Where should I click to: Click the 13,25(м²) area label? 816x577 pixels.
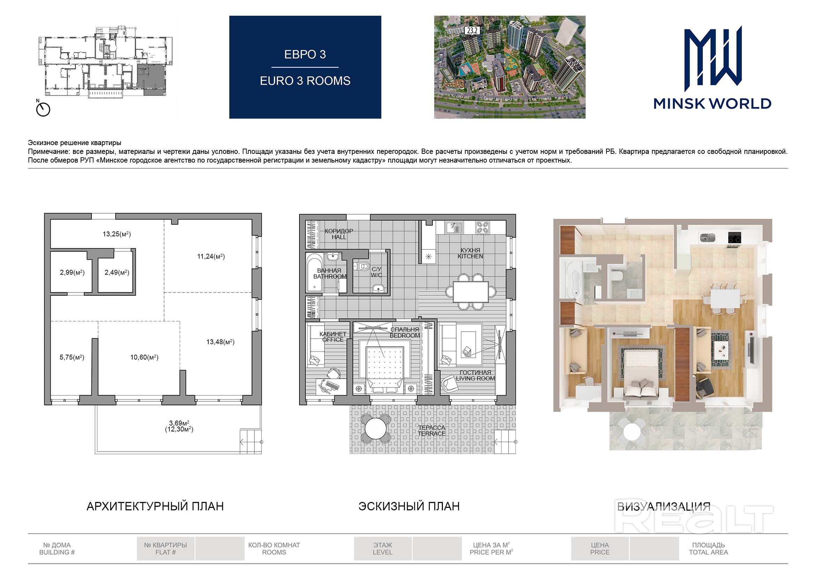117,234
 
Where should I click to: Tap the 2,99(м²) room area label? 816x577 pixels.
72,272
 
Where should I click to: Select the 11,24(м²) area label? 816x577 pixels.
211,256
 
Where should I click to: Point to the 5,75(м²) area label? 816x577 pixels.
72,357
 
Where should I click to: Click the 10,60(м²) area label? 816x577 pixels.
144,357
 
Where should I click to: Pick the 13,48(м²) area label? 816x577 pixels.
220,342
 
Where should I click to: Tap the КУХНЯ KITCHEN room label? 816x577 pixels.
470,253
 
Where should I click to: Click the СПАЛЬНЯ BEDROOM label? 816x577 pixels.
405,332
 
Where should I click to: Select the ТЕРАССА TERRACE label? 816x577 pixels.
431,430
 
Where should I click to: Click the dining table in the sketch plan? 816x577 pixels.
470,292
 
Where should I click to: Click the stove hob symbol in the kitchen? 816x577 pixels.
482,227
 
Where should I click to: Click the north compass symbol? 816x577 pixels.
43,110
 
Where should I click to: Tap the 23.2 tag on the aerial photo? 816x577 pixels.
472,31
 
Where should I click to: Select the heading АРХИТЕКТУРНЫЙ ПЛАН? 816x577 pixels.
155,506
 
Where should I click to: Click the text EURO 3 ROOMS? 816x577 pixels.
305,81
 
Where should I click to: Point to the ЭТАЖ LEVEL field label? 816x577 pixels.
383,549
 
